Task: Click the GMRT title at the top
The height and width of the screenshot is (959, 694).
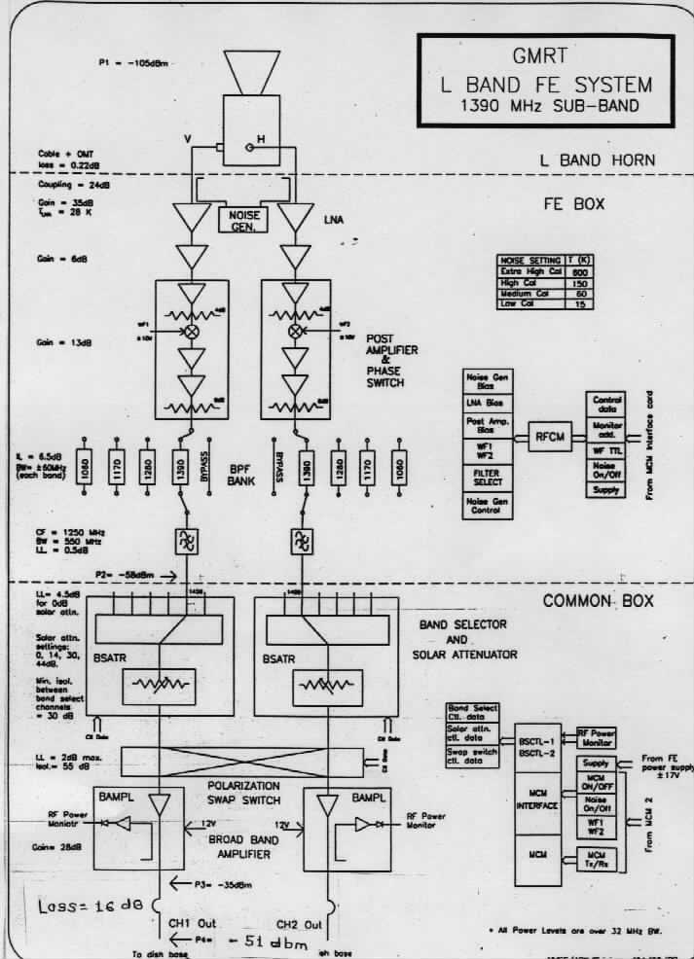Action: [x=545, y=56]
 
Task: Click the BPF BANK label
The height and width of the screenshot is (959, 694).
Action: [x=239, y=466]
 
